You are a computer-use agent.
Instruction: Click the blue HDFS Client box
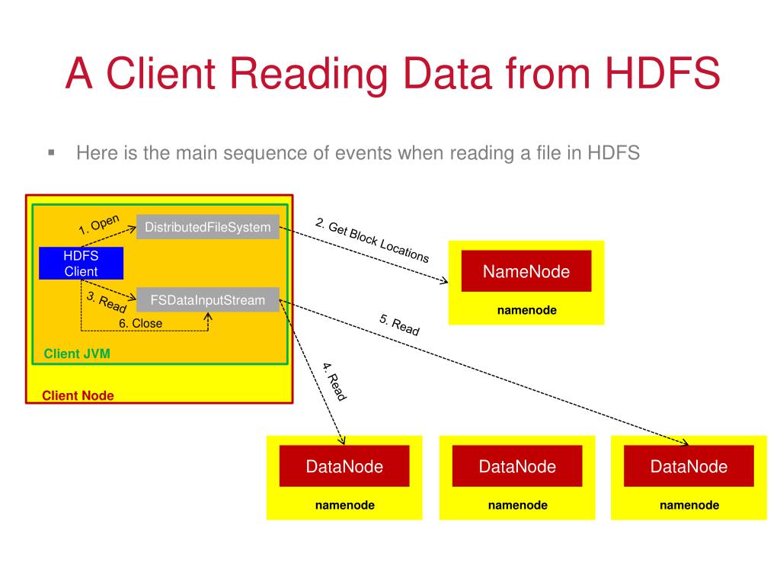(81, 264)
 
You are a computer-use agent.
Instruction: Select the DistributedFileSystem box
(208, 227)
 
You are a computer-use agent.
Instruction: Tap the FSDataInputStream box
(208, 300)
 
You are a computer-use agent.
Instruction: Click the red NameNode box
(526, 271)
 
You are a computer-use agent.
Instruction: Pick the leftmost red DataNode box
(344, 466)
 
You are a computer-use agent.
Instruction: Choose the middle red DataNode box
(517, 466)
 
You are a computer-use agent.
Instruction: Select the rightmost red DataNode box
(689, 466)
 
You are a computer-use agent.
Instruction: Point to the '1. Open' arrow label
(99, 225)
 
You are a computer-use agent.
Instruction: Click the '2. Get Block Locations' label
(372, 240)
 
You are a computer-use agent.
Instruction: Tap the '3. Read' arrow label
(107, 302)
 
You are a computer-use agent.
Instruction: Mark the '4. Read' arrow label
(334, 382)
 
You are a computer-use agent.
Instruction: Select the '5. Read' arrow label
(399, 325)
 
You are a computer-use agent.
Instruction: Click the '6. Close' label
(140, 323)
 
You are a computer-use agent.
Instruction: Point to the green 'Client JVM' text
(77, 353)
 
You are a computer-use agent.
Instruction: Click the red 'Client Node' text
(78, 395)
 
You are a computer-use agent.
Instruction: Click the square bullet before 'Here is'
(52, 152)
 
